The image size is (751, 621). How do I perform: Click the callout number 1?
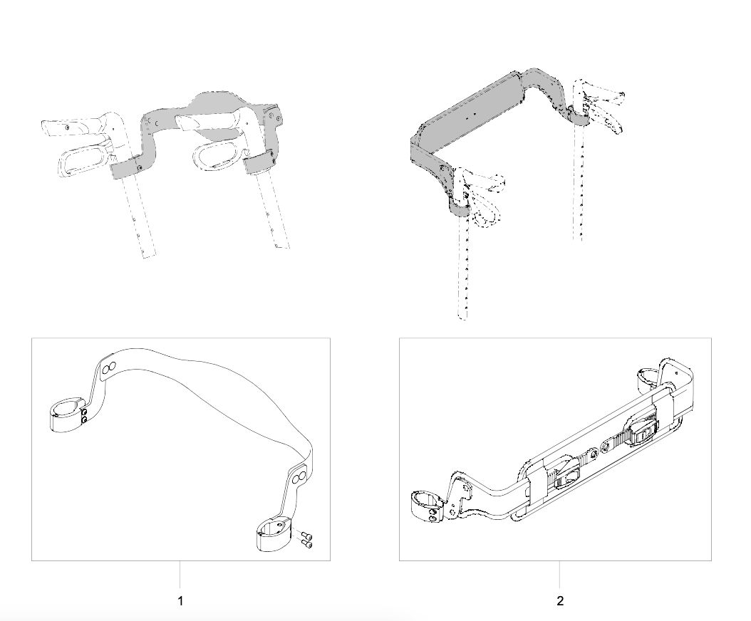pos(180,600)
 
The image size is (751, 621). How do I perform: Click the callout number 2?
pos(560,600)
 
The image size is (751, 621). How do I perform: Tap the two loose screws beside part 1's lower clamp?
pos(306,541)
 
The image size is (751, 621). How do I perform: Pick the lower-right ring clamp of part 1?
pos(274,538)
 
